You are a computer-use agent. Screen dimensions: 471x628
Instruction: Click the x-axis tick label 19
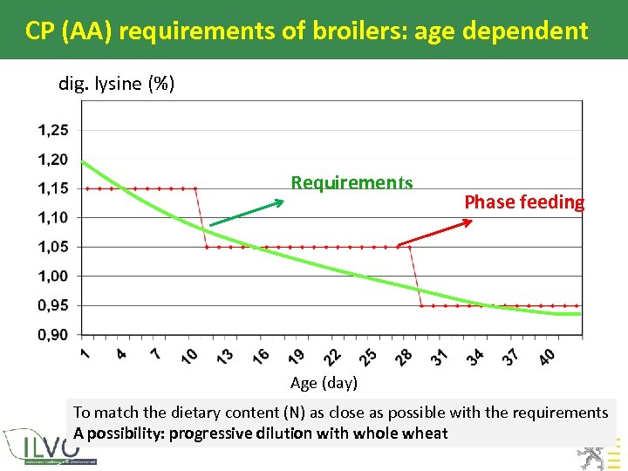[x=295, y=357]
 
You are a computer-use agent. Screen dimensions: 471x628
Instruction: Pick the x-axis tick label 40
[x=546, y=357]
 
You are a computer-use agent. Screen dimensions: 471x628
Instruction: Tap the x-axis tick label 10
[x=188, y=357]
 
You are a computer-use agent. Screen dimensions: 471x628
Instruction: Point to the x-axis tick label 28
[x=403, y=357]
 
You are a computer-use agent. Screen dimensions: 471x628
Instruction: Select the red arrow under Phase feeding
[x=434, y=233]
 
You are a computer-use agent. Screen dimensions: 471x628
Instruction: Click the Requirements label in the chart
[x=352, y=182]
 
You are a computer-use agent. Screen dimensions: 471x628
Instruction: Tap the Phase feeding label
[x=524, y=202]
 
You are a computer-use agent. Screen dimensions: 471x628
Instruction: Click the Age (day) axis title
[x=324, y=383]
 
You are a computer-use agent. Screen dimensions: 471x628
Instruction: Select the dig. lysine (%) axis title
[x=116, y=84]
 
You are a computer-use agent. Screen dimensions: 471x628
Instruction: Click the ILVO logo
[x=48, y=446]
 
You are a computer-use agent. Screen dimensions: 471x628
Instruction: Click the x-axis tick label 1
[x=85, y=353]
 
